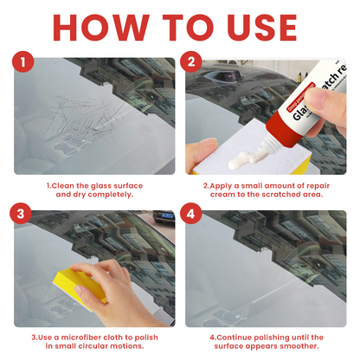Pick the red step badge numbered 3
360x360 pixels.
click(23, 216)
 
